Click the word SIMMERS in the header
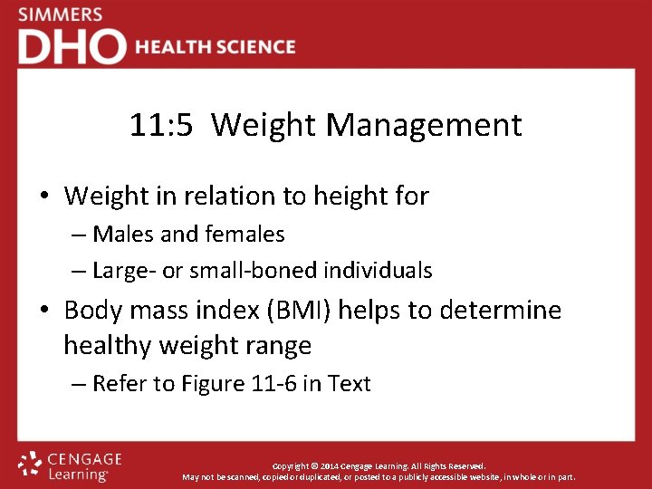(60, 15)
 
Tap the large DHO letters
(72, 46)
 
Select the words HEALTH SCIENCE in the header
(216, 47)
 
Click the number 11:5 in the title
(160, 125)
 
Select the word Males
(124, 235)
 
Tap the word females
(244, 235)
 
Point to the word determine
(500, 311)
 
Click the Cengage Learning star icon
(30, 464)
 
